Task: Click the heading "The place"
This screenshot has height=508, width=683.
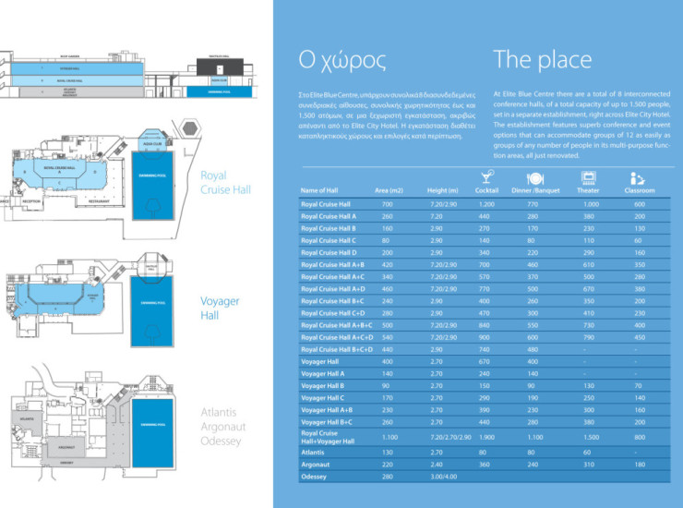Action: (x=542, y=61)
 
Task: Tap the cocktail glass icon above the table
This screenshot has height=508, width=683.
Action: (x=486, y=176)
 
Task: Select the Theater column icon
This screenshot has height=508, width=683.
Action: (x=587, y=177)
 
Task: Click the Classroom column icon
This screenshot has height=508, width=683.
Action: (x=637, y=177)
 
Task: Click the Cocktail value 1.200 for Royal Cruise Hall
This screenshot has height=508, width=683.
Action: (x=486, y=203)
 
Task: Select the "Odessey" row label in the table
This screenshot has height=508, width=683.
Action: (x=316, y=476)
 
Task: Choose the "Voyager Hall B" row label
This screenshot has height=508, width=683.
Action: (x=322, y=385)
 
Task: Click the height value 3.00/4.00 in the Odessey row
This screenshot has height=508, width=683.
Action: (x=444, y=476)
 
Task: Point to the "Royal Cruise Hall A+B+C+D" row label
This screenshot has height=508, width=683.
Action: (x=337, y=349)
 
